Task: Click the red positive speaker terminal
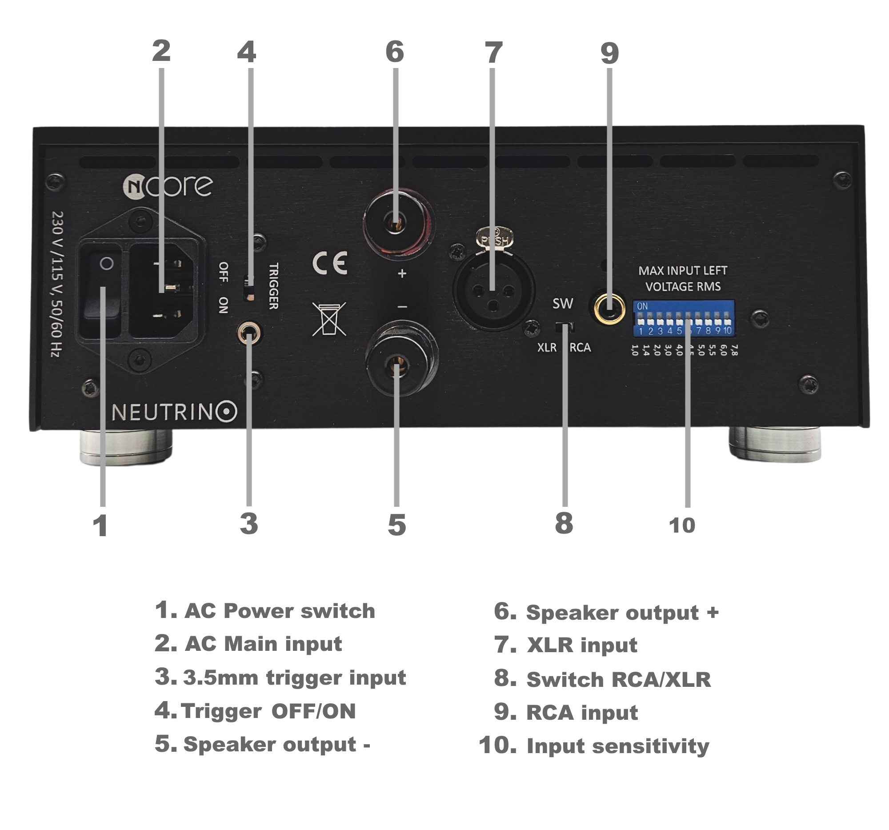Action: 396,222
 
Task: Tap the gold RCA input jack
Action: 609,309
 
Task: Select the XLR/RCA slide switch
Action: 564,327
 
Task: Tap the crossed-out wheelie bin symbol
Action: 329,318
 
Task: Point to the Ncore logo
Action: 167,186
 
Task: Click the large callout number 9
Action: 609,54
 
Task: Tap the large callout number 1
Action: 100,525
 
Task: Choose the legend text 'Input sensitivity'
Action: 617,746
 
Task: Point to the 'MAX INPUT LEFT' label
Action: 682,271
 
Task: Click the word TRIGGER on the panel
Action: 274,286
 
